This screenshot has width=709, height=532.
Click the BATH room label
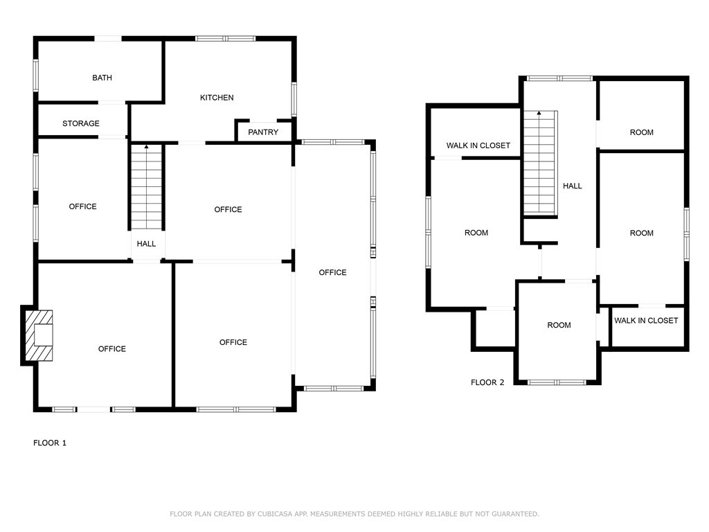(x=102, y=78)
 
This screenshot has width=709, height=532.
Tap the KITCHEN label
(x=217, y=98)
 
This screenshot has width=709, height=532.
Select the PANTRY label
(x=263, y=132)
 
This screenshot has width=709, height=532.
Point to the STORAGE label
(x=81, y=123)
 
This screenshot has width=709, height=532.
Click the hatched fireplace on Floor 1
(x=39, y=335)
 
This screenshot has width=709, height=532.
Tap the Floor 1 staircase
(x=147, y=187)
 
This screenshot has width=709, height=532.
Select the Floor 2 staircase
(x=540, y=163)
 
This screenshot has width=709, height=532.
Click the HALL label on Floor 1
(x=147, y=244)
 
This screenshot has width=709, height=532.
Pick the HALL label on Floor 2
(x=573, y=186)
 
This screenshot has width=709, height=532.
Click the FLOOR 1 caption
(x=50, y=443)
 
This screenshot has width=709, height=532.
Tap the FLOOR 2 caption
(x=487, y=382)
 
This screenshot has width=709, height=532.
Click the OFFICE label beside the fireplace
(x=112, y=349)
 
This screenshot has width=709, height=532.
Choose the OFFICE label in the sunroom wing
(x=333, y=272)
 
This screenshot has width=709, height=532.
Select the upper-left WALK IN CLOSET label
(x=478, y=145)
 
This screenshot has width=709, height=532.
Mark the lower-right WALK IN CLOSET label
(x=646, y=321)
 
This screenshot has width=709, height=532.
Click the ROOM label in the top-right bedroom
(x=642, y=132)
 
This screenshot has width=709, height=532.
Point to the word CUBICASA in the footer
(x=276, y=514)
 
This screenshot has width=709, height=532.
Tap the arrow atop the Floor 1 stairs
(x=147, y=147)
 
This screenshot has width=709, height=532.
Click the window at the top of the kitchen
(x=226, y=39)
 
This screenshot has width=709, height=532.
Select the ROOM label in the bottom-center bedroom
(x=559, y=326)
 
